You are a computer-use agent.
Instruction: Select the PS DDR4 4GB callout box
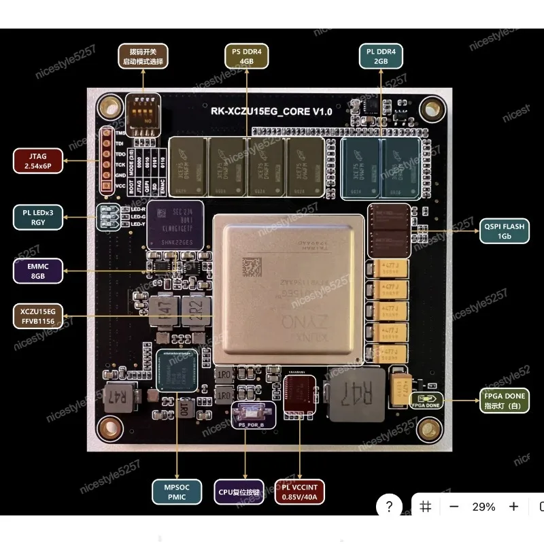coord(247,56)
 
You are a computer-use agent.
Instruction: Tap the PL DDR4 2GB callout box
coord(381,56)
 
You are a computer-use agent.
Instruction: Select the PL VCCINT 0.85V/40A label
coord(299,491)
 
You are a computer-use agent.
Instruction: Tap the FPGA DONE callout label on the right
coord(504,401)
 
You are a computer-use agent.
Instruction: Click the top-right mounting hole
coord(431,107)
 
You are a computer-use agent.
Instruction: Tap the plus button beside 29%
coord(514,507)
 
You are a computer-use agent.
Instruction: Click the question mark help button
coord(389,507)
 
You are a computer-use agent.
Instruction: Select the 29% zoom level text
coord(483,507)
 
